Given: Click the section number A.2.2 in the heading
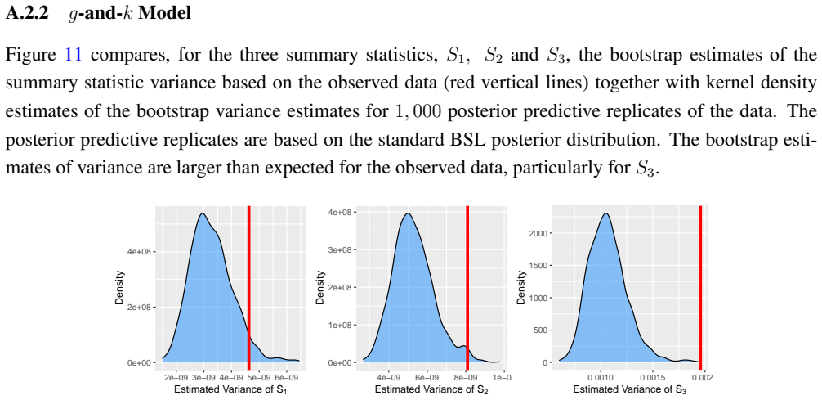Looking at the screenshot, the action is coord(27,14).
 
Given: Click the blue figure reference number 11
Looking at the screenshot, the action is coord(73,55).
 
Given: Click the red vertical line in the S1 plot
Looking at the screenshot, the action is coord(248,288).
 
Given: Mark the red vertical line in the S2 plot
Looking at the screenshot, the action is coord(467,288).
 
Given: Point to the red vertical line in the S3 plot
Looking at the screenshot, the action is coord(700,288).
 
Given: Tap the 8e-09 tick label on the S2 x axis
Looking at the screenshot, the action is coord(466,377).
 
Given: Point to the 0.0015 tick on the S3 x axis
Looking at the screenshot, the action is coord(652,377).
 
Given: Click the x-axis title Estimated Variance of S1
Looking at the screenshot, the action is coord(230,390).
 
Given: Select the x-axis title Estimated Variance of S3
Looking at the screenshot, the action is coord(630,390).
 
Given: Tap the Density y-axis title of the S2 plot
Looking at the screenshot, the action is coord(320,288).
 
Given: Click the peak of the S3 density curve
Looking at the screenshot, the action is coord(606,213).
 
